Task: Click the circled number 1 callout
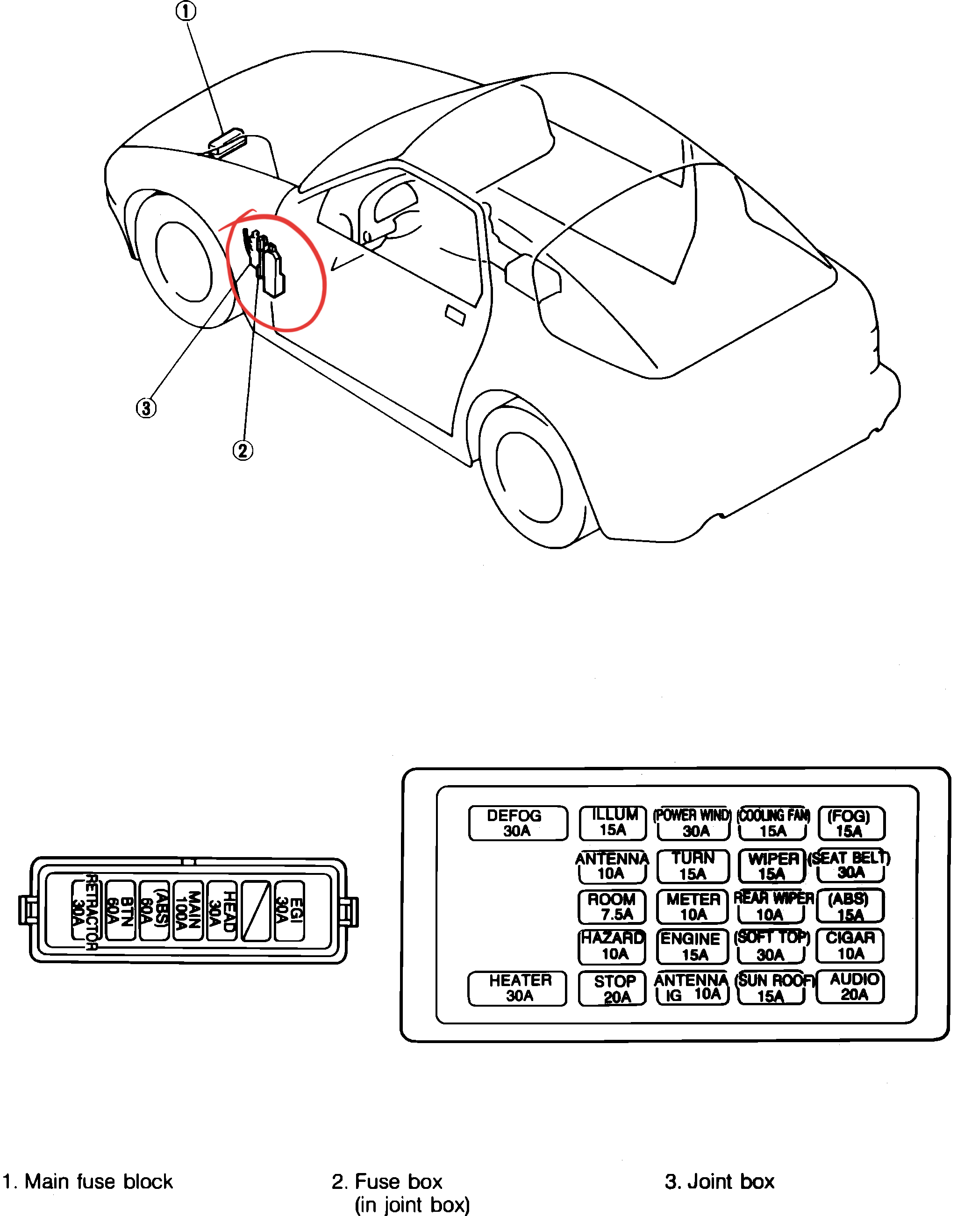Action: point(186,11)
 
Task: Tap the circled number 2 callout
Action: point(243,451)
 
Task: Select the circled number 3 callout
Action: point(146,408)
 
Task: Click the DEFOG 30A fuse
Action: point(517,823)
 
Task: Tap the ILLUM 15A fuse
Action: point(614,823)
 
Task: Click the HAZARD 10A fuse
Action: point(613,946)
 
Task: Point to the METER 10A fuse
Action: point(693,907)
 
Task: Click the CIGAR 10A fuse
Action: point(850,946)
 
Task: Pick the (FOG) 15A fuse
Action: point(850,823)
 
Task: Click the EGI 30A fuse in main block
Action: point(289,911)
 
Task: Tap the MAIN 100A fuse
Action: point(188,911)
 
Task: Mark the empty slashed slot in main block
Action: point(256,911)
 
